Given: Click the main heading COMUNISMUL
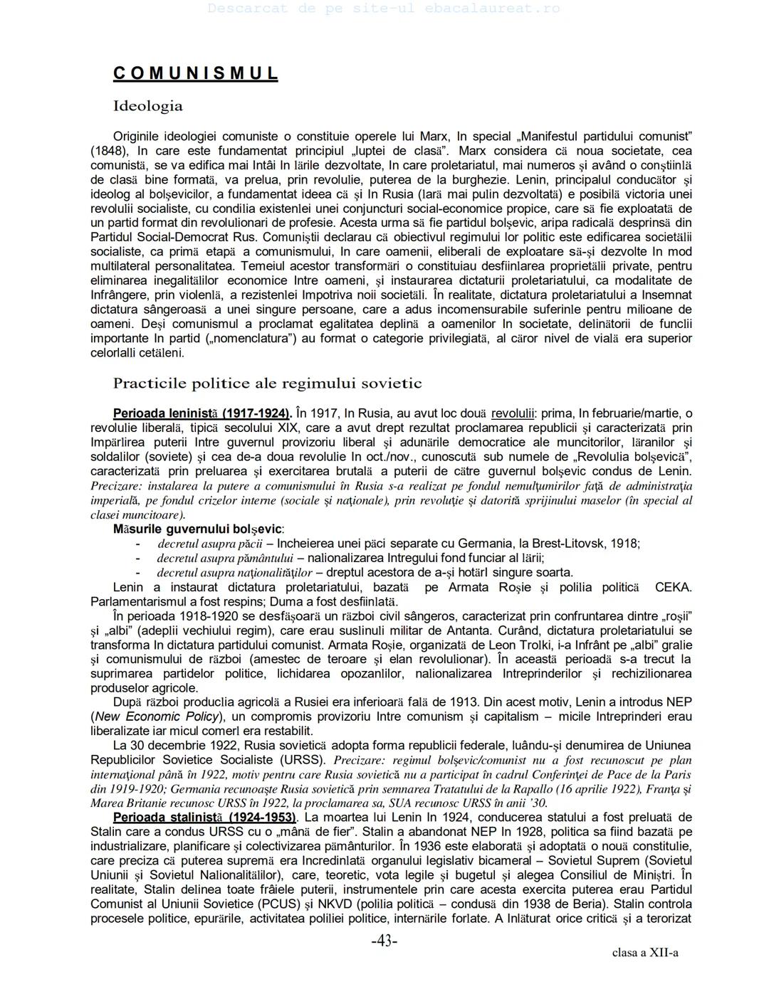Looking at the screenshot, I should coord(195,73).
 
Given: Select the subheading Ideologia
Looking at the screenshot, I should coord(147,106).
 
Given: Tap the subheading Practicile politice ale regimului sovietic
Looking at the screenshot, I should coord(267,384).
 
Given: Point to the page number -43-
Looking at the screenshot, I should coord(384,941).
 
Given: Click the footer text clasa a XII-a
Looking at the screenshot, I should coord(644,953).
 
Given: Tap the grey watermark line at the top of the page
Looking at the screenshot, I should coord(384,9).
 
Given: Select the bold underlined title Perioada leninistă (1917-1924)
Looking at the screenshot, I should coord(202,413).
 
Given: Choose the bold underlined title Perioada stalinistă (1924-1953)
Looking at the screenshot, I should coord(205,817).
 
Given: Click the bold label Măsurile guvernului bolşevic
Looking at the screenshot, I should coord(198,529).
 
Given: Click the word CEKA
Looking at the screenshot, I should coord(673,587).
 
